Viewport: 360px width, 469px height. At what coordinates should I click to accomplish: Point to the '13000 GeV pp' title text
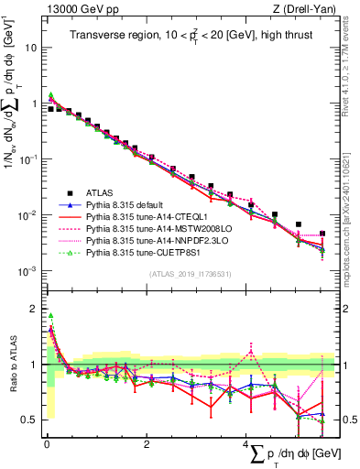click(73, 8)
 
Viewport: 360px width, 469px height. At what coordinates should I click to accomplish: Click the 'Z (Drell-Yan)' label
click(305, 8)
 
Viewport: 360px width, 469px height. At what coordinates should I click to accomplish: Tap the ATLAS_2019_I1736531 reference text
click(184, 273)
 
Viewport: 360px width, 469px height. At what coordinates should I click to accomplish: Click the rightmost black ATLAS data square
click(322, 234)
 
